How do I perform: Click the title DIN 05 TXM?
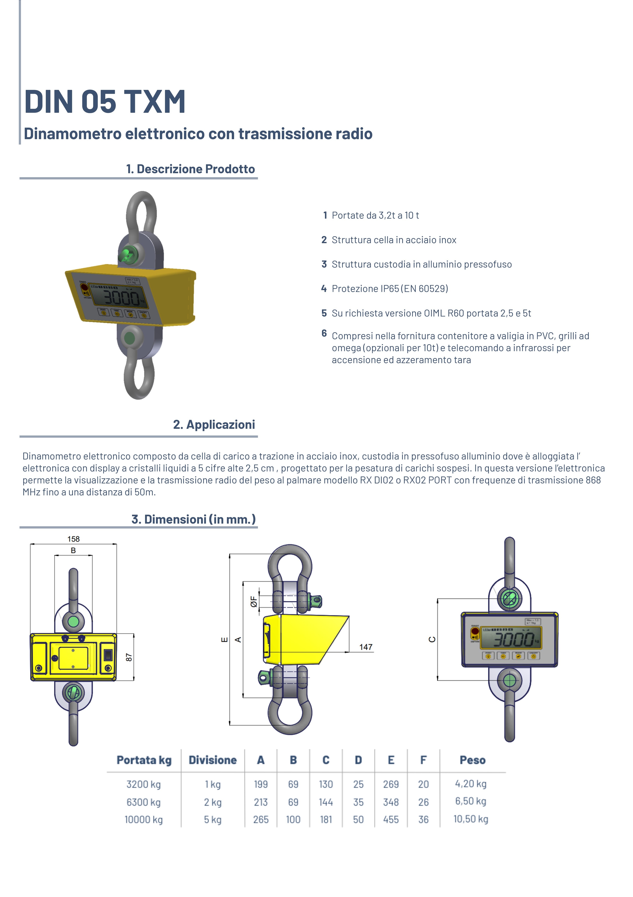[x=105, y=102]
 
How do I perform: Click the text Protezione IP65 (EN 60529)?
[x=390, y=289]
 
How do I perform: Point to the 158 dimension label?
[x=73, y=539]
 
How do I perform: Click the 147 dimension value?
[x=366, y=647]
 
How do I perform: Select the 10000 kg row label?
[x=144, y=820]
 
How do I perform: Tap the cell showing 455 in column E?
[x=391, y=820]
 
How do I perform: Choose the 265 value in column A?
[x=261, y=820]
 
